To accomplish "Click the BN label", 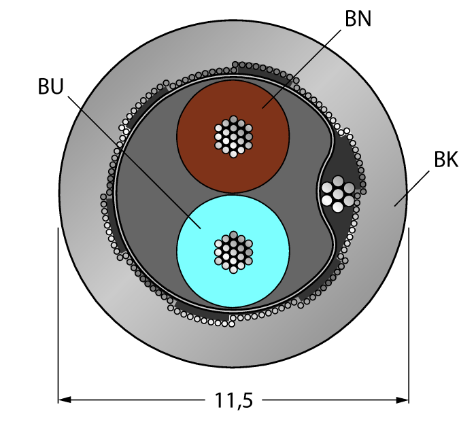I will pyautogui.click(x=358, y=19).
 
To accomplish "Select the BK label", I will pyautogui.click(x=445, y=160).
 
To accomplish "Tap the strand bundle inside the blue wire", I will pyautogui.click(x=233, y=251).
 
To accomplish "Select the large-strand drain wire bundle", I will pyautogui.click(x=339, y=194).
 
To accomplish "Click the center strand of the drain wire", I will pyautogui.click(x=339, y=194).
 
